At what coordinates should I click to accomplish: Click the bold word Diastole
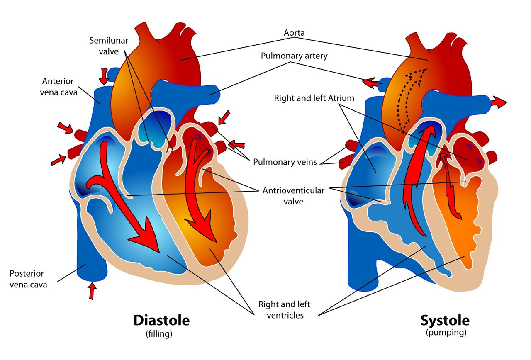161,320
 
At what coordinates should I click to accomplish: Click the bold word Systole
445,320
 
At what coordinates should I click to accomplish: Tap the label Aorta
295,32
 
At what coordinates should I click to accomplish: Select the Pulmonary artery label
294,56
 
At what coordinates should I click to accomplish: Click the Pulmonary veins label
285,162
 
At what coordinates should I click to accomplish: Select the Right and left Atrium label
314,98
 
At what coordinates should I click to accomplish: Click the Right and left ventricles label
284,309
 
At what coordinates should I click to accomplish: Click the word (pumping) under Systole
446,332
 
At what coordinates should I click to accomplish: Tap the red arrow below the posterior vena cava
92,290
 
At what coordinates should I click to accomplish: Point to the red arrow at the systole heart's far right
499,102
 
